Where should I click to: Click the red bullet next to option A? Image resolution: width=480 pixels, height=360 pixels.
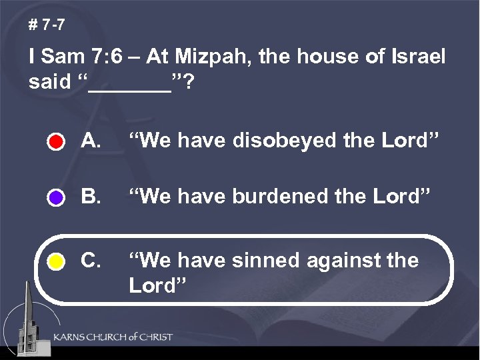click(56, 143)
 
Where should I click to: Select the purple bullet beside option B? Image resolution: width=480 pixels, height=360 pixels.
click(56, 198)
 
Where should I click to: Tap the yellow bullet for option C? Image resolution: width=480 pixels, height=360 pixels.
click(56, 262)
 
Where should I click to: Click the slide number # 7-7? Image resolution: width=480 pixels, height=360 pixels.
click(47, 27)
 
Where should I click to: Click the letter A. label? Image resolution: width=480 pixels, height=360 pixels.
click(91, 141)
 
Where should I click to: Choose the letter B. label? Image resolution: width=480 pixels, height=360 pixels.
click(91, 197)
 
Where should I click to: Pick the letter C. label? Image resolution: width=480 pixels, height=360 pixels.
click(91, 260)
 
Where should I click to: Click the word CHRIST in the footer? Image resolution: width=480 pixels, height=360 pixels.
click(153, 337)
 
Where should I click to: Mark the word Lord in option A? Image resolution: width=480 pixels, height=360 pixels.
click(408, 141)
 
